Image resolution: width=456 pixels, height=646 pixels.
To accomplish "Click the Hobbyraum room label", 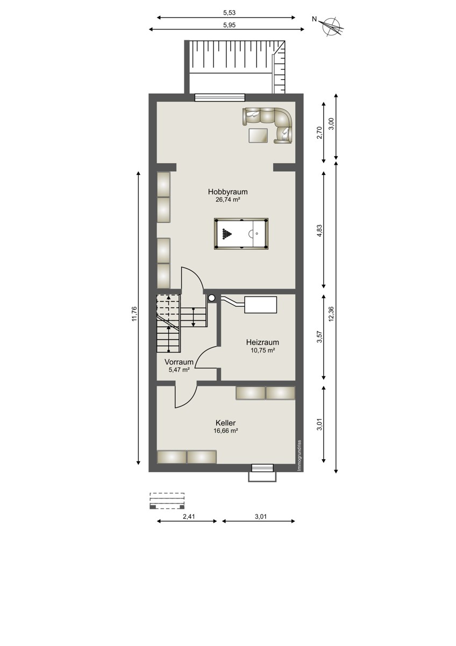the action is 227,192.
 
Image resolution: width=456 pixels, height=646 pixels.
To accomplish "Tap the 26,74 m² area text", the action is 228,200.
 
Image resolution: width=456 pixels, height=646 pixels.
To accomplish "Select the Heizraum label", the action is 262,342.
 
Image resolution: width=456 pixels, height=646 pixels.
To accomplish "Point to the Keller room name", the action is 225,423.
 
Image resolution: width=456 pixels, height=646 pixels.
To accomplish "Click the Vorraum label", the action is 179,362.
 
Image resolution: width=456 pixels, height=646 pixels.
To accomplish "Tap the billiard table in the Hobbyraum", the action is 241,234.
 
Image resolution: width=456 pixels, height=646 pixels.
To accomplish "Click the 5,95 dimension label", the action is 229,25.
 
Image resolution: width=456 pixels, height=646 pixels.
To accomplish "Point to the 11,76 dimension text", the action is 134,314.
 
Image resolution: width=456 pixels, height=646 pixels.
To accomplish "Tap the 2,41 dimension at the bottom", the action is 189,516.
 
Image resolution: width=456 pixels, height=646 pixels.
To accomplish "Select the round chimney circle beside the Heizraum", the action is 212,298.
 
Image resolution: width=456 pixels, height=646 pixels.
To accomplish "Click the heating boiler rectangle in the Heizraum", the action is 260,305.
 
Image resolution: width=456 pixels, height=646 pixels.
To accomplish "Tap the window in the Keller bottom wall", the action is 262,467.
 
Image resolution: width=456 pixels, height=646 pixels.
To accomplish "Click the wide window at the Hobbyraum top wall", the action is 220,97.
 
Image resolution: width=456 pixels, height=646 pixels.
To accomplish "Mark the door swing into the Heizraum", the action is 206,356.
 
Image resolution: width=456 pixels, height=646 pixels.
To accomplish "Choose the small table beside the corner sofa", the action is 259,135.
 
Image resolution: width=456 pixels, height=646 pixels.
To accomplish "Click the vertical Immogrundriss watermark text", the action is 300,455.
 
